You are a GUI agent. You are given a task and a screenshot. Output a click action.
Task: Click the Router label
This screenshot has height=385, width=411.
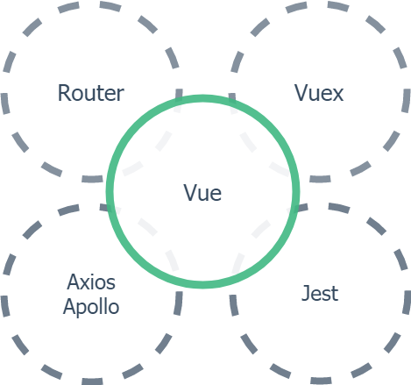[91, 93]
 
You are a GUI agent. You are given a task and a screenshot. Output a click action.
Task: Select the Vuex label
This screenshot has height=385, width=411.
[319, 93]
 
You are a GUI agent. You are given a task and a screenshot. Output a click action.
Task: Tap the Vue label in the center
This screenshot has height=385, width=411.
[202, 193]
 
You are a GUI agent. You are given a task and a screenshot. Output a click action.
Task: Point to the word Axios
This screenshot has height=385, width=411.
[91, 282]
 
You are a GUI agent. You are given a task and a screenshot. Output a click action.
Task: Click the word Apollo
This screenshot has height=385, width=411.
[91, 308]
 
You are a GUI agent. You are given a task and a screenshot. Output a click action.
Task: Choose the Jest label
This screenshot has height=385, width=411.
[320, 293]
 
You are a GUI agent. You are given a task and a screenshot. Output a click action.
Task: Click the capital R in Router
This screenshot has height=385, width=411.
[65, 93]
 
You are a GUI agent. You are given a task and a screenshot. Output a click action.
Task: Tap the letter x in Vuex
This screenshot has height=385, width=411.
[337, 95]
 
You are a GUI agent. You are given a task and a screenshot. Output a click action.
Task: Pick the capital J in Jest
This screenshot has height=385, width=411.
[306, 293]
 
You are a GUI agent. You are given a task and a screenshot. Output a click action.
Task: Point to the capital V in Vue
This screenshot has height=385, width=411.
[191, 192]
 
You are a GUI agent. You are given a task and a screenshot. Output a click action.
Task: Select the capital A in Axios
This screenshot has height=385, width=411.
[74, 282]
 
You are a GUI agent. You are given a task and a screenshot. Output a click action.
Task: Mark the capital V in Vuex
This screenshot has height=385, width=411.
[302, 93]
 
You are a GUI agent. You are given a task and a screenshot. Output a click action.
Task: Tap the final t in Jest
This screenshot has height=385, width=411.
[335, 294]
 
